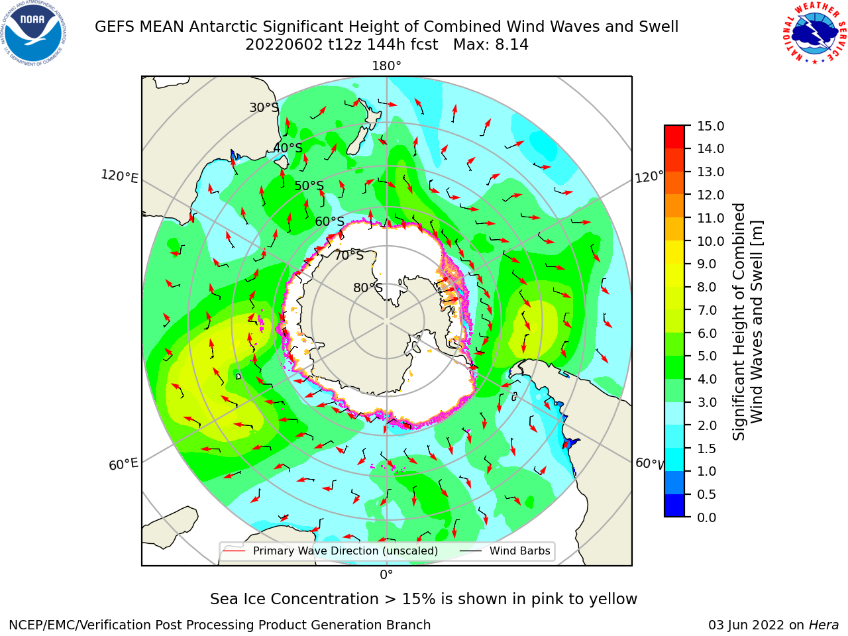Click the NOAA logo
click(34, 34)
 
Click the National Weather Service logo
click(815, 33)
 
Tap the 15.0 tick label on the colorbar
click(710, 127)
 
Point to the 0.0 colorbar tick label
click(707, 517)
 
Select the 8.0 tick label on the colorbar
click(707, 288)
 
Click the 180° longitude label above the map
click(386, 66)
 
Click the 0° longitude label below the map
click(386, 575)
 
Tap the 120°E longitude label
click(119, 176)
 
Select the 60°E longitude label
click(123, 464)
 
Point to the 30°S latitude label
click(264, 107)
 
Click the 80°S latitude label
click(368, 288)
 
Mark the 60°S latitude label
click(329, 222)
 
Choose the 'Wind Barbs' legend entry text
click(519, 551)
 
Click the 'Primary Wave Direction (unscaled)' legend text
click(345, 551)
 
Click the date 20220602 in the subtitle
click(284, 45)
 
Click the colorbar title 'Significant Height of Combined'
click(738, 322)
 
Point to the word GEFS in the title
click(115, 27)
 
